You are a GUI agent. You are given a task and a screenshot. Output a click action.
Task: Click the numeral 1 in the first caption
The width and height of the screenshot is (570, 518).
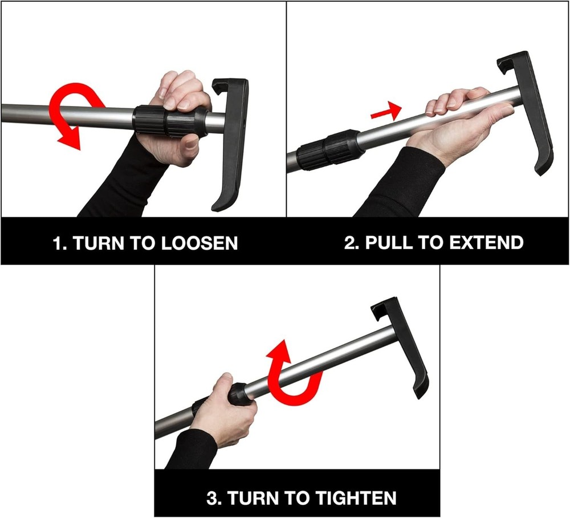coord(56,243)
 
